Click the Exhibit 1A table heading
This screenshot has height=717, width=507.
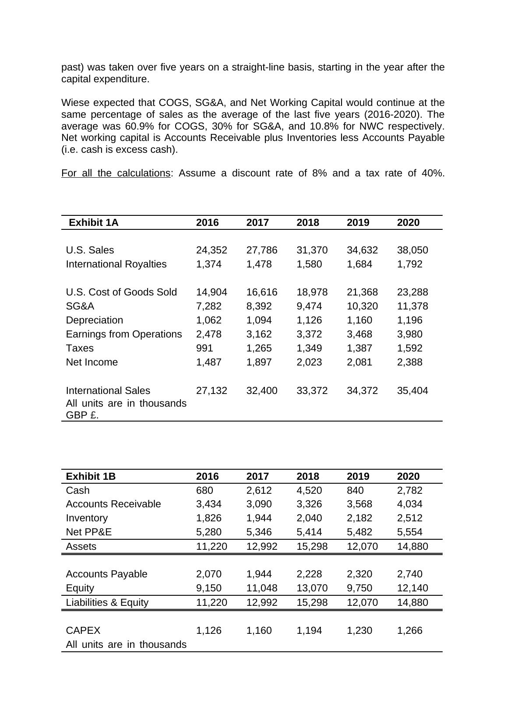[94, 222]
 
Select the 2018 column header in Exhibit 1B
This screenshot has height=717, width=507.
[308, 476]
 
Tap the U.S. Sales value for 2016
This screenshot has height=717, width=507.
[211, 250]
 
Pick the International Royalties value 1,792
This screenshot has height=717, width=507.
[409, 264]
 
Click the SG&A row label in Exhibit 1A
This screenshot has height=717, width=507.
[80, 306]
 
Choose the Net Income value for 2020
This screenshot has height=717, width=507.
[409, 362]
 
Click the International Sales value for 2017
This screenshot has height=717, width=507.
[262, 390]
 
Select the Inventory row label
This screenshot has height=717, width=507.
[87, 518]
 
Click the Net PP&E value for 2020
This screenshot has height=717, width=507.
[409, 532]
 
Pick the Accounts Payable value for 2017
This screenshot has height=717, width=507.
[259, 574]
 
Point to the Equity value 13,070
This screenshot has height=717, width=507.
[312, 588]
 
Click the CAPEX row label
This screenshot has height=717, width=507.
[83, 630]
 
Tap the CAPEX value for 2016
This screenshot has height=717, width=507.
[208, 630]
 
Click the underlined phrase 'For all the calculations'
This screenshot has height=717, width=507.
[116, 173]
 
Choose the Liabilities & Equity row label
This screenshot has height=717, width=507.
[107, 602]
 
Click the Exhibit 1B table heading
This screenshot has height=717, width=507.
[91, 476]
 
